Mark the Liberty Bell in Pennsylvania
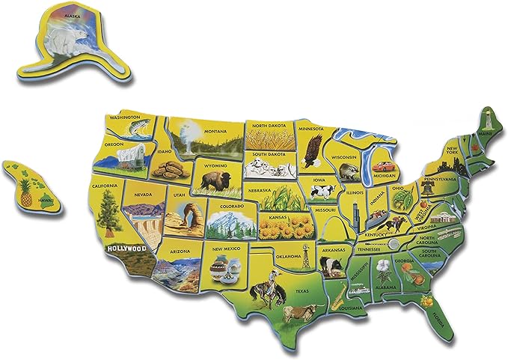(427, 190)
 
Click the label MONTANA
(215, 132)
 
